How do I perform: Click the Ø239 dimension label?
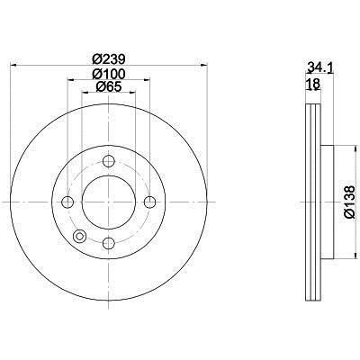point(109,58)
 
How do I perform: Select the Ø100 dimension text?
point(109,74)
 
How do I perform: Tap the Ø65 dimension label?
point(109,86)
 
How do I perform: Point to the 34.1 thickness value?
point(319,68)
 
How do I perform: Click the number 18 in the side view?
point(313,85)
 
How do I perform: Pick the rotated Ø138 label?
point(349,202)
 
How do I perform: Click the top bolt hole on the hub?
point(109,161)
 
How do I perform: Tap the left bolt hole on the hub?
point(67,202)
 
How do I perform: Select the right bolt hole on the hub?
point(149,202)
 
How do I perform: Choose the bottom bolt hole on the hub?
point(109,243)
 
